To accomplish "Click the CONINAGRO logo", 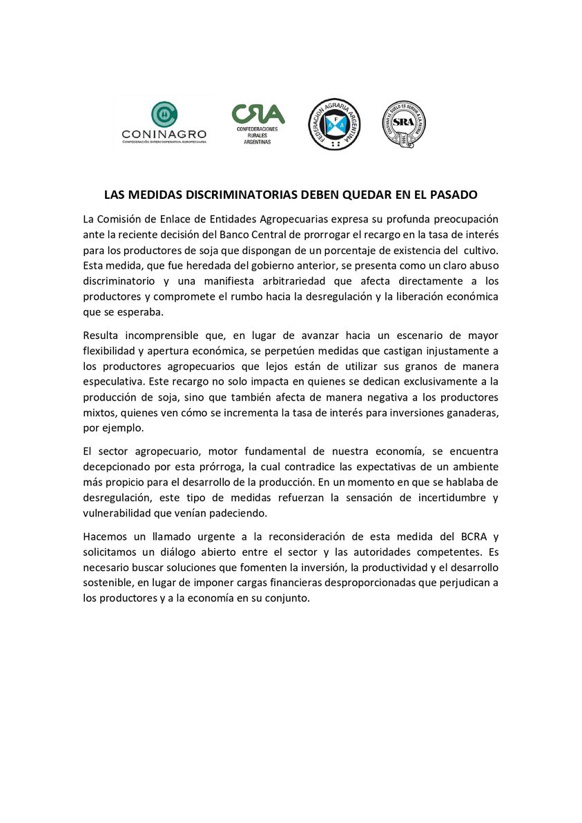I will [164, 123].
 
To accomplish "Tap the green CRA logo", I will [258, 122].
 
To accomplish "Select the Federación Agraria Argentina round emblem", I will [334, 124].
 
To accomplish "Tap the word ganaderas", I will [473, 413].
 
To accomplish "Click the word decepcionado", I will [117, 467].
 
